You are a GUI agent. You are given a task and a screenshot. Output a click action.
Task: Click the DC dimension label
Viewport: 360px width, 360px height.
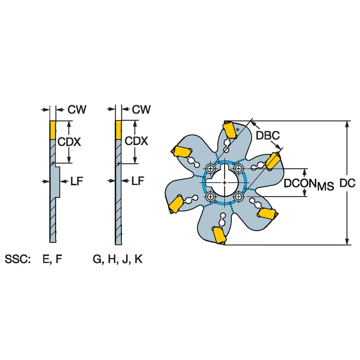(347, 183)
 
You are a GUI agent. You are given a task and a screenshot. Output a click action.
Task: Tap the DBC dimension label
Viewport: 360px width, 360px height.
(268, 135)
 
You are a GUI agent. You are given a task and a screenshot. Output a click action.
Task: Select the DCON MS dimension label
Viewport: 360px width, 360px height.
(309, 184)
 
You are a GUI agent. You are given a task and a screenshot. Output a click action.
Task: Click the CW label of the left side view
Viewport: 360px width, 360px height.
(77, 110)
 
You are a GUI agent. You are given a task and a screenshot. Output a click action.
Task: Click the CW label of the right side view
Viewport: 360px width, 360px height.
(141, 110)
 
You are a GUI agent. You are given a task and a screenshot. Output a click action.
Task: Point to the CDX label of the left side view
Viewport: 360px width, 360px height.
(69, 142)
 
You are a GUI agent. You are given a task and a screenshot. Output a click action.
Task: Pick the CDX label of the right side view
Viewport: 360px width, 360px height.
(136, 141)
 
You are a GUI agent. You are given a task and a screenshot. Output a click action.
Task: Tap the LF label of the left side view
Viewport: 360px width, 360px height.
(76, 181)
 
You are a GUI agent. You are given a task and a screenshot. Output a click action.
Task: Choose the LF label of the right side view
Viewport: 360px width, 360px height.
(138, 181)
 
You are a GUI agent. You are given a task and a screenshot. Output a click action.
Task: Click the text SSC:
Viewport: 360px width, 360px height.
(18, 259)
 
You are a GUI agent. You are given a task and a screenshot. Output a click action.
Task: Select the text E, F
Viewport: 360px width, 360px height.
(52, 259)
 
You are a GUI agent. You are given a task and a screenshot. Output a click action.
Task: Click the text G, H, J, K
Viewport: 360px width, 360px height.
(118, 259)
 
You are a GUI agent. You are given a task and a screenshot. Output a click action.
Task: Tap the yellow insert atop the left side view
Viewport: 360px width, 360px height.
(53, 130)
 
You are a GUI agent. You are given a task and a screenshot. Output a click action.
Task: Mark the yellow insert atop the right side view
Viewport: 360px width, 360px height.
(118, 130)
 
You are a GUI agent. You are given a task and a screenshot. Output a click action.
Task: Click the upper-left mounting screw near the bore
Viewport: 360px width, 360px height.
(210, 169)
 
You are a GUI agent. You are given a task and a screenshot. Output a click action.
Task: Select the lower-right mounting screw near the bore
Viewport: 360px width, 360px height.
(239, 196)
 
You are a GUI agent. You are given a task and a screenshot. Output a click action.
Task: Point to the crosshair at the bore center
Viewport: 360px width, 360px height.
(225, 183)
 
